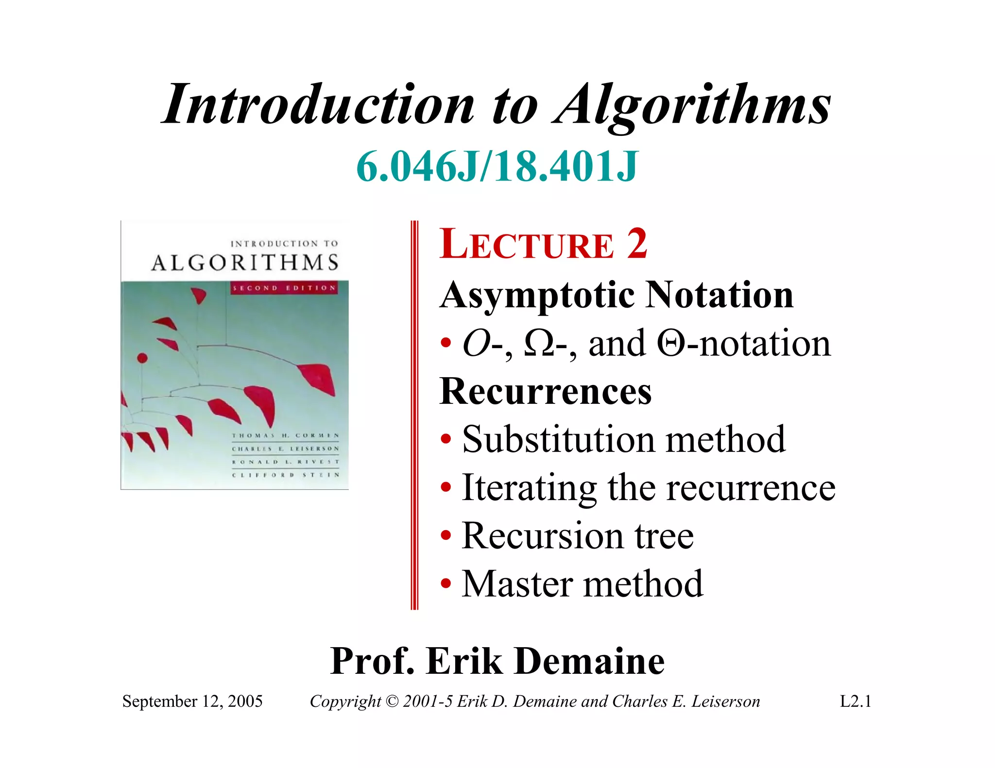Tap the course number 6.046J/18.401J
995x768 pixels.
pos(497,167)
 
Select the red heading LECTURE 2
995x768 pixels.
pos(543,244)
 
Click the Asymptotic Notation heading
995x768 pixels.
pos(617,295)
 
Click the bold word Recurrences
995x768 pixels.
pos(545,391)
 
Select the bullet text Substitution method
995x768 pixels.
pos(623,439)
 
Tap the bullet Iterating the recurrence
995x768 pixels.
pos(648,487)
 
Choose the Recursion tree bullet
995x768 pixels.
pos(578,535)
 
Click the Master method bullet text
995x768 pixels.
pos(582,584)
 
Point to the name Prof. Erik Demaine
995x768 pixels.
pos(497,661)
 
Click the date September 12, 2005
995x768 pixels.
pos(192,701)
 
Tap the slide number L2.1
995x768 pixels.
pos(856,701)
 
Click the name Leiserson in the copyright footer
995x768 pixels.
pos(725,701)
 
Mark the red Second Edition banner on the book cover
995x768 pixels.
pos(284,288)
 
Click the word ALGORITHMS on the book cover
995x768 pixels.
pos(244,263)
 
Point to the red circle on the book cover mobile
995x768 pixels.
pos(142,358)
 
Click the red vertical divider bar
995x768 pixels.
pos(414,415)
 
